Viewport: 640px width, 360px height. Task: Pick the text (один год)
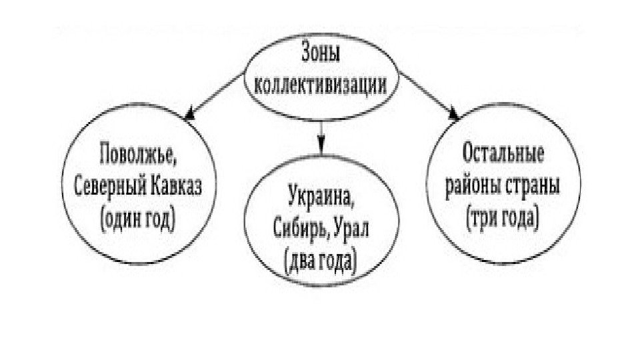(137, 218)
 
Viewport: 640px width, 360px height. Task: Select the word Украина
(321, 196)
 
